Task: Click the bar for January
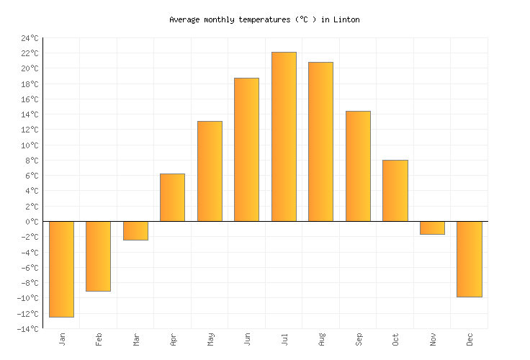tap(61, 269)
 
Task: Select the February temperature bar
tap(98, 256)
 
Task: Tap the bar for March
tap(135, 230)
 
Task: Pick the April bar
tap(172, 197)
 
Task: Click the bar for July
tap(284, 137)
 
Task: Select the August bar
tap(320, 142)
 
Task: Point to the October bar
tap(395, 191)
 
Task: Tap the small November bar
tap(432, 228)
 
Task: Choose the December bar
tap(469, 259)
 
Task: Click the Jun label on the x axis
tap(247, 338)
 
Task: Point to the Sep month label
tap(359, 338)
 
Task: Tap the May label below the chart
tap(210, 338)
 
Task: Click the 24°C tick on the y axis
tap(30, 38)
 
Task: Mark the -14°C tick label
tap(28, 329)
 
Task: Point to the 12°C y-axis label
tap(30, 130)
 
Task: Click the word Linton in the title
tap(346, 19)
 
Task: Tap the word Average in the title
tap(184, 19)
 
